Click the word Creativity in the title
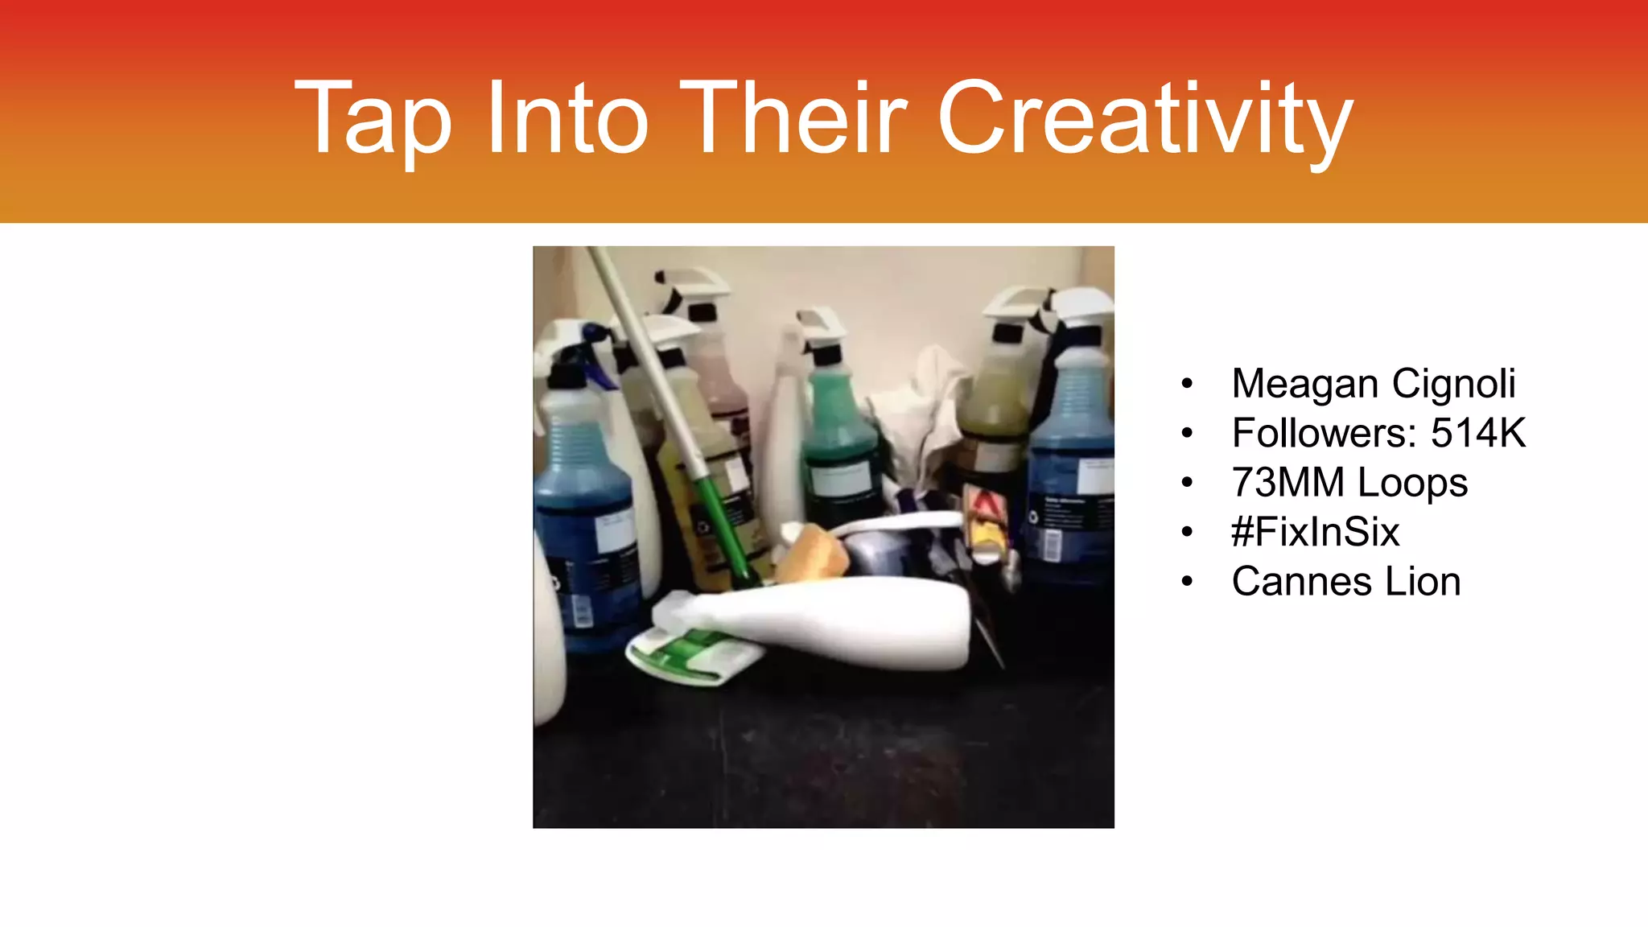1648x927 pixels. pyautogui.click(x=1145, y=119)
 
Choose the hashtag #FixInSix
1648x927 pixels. pyautogui.click(x=1316, y=532)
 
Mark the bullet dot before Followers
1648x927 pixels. pyautogui.click(x=1187, y=434)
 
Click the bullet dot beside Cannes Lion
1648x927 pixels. pyautogui.click(x=1187, y=582)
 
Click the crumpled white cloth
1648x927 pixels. pyautogui.click(x=921, y=418)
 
